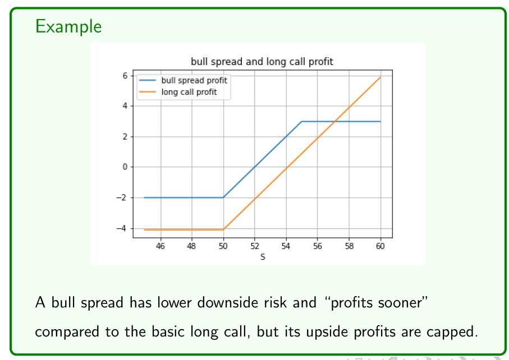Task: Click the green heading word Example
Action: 68,26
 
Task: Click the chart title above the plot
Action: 262,62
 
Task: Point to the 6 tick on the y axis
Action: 125,76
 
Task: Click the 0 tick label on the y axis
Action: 125,167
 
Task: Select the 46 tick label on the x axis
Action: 160,246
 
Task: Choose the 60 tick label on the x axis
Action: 380,246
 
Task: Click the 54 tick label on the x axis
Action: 286,246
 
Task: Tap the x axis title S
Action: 263,257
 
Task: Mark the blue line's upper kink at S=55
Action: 301,121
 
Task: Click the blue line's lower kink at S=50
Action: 223,197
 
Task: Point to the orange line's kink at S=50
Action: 223,229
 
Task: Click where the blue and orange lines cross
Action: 334,121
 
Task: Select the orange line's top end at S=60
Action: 380,77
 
